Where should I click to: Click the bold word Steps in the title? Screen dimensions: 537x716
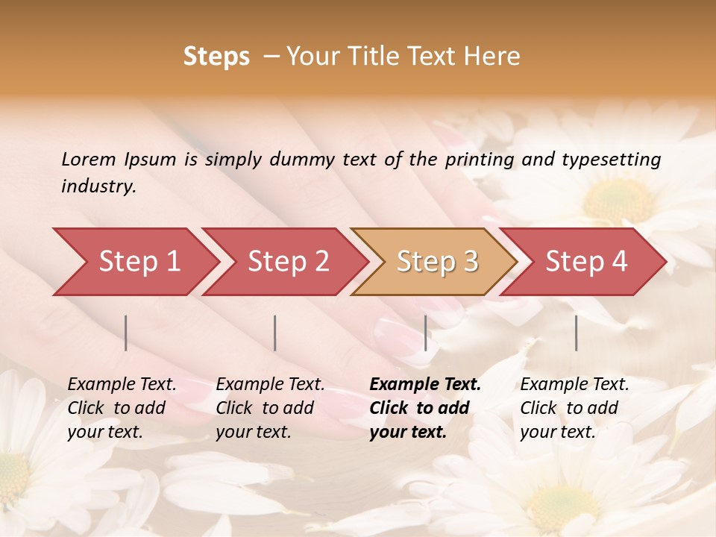pos(216,57)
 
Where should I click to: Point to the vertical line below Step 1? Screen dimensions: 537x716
pos(126,333)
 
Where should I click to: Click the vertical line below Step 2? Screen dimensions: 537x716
pos(275,333)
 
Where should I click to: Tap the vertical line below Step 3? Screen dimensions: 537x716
pos(425,333)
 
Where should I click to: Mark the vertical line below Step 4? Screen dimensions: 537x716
pos(577,333)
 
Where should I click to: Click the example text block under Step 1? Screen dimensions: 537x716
pos(122,407)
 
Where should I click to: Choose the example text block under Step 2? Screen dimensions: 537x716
pos(270,407)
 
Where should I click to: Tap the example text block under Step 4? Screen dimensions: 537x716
pos(574,407)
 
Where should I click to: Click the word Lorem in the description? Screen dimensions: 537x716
pos(89,159)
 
